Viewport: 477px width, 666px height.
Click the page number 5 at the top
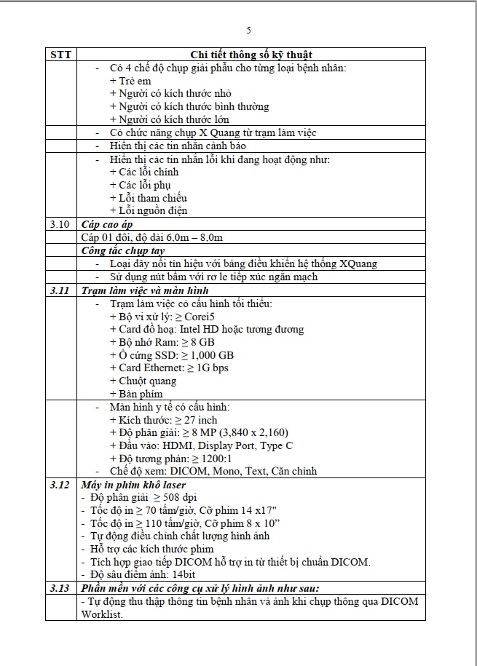click(x=249, y=31)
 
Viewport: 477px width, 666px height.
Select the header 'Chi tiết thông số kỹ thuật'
click(x=252, y=55)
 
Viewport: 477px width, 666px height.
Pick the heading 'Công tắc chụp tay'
click(x=122, y=250)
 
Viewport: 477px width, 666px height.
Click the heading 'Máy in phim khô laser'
click(x=133, y=485)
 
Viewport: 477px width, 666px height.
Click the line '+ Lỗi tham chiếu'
click(x=148, y=198)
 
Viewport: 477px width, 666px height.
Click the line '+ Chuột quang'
click(x=143, y=381)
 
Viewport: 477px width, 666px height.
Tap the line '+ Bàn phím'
click(x=136, y=394)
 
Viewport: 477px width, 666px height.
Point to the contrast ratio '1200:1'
click(x=216, y=459)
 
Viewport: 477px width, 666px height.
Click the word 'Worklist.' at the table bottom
click(x=102, y=614)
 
